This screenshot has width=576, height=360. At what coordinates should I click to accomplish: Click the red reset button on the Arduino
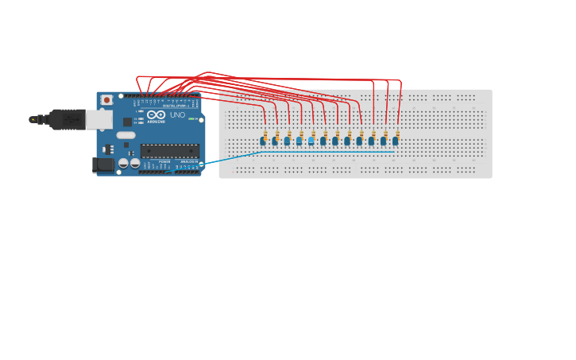(x=106, y=101)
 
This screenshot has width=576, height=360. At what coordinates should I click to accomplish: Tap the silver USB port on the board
(x=99, y=119)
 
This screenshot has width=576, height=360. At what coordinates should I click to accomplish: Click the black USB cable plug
(x=67, y=119)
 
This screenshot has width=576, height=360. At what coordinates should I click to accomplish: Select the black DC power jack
(x=102, y=165)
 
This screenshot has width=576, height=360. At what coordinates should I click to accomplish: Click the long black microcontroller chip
(x=170, y=150)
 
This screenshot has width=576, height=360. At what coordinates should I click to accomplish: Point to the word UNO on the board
(x=177, y=115)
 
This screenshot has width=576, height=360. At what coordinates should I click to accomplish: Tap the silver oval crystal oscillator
(x=126, y=135)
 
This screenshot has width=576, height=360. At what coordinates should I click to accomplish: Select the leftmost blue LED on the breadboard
(x=263, y=141)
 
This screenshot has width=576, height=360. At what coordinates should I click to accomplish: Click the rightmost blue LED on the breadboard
(x=395, y=141)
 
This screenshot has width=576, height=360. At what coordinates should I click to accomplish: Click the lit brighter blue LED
(x=311, y=141)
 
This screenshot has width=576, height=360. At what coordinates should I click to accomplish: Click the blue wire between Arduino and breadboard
(x=230, y=157)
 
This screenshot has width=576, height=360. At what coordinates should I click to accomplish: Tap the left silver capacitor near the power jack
(x=124, y=163)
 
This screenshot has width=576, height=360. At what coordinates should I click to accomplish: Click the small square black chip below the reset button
(x=127, y=122)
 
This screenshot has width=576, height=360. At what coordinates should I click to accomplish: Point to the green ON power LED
(x=191, y=118)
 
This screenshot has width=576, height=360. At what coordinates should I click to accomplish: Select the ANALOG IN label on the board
(x=188, y=162)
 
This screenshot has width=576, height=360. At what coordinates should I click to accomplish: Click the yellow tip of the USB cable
(x=33, y=119)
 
